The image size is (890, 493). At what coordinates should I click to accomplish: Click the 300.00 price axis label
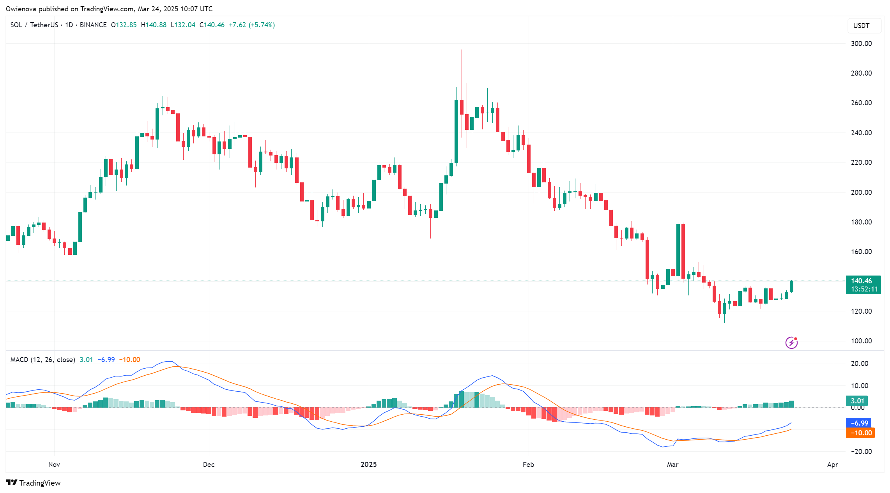coord(861,44)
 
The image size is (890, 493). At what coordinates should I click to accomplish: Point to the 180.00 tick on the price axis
coord(861,222)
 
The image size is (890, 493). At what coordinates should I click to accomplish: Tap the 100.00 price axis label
coord(861,341)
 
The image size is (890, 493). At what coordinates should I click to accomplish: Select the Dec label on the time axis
coord(209,465)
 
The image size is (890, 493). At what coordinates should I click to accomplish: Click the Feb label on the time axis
coord(528,465)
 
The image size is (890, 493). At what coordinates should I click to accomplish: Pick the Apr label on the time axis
coord(832,465)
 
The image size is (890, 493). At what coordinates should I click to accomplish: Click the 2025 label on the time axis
coord(368,465)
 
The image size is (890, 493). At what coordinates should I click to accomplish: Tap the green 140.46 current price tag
coord(863,285)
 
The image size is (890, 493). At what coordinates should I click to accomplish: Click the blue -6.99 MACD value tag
coord(859,423)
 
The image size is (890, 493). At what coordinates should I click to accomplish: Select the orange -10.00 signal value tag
coord(860,433)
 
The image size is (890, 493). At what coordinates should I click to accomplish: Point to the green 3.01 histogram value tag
coord(857,401)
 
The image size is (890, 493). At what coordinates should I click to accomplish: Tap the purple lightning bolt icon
coord(791,343)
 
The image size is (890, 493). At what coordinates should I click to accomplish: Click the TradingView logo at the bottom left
coord(34,483)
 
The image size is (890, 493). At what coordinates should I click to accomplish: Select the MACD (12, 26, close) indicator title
coord(43,360)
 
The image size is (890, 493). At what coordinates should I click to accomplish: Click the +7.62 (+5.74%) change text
coord(251,25)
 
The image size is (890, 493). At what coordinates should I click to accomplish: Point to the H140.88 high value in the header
coord(154,25)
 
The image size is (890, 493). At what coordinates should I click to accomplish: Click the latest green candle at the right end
coord(791,286)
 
